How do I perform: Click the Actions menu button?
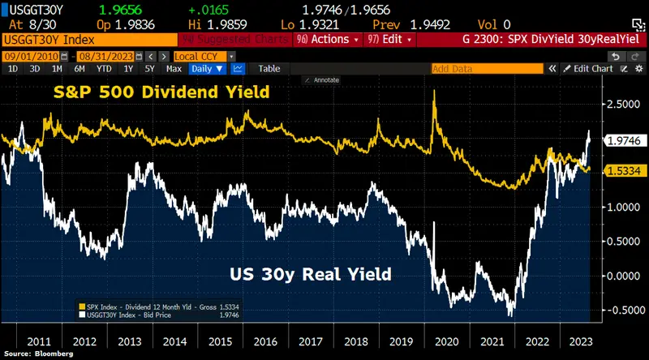pyautogui.click(x=329, y=38)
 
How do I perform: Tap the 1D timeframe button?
pyautogui.click(x=12, y=69)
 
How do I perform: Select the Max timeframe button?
pyautogui.click(x=174, y=69)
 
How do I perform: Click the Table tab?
pyautogui.click(x=269, y=69)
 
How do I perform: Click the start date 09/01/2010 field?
pyautogui.click(x=27, y=55)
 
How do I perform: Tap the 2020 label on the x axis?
pyautogui.click(x=448, y=341)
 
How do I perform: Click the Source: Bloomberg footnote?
pyautogui.click(x=33, y=354)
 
